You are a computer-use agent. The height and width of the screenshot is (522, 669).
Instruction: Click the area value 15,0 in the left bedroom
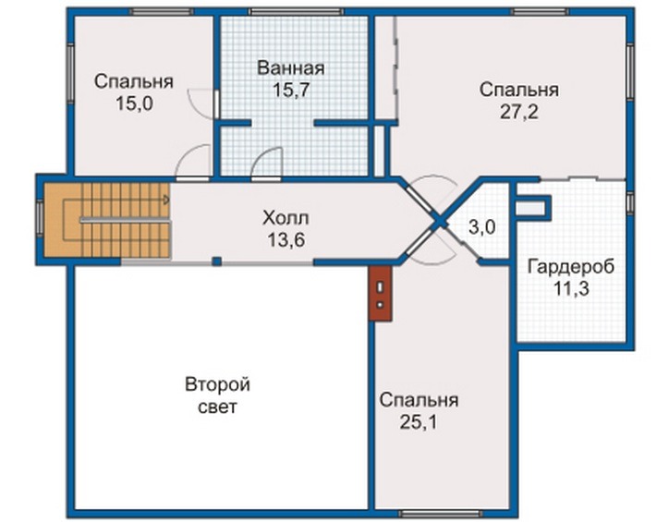pos(134,103)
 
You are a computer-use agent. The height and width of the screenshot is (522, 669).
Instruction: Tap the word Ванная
pos(291,68)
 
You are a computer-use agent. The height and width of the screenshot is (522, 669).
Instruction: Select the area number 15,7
pos(291,91)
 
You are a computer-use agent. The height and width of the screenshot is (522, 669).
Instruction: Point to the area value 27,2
pos(518,112)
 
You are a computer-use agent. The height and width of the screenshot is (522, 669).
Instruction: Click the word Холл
pos(286,218)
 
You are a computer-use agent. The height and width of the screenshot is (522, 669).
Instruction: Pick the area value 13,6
pos(286,240)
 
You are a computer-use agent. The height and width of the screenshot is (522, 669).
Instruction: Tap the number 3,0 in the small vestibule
pos(481,227)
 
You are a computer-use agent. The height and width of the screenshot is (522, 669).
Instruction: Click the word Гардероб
pos(571,267)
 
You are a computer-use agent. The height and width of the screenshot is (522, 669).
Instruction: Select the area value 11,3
pos(571,289)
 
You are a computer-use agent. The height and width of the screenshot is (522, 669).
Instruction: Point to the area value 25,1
pos(419,422)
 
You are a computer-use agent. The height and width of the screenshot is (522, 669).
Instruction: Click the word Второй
pos(217,385)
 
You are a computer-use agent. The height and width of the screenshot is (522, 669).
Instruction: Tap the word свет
pos(217,407)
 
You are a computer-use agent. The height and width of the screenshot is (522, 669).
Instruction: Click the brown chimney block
pos(381,294)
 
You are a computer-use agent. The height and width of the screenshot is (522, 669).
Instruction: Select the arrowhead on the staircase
pos(166,200)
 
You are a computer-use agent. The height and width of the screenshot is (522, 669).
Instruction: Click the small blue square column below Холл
pos(217,261)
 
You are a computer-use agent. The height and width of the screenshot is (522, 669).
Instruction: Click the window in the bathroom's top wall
pos(297,12)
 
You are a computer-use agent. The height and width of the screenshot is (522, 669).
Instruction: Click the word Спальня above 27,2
pos(518,91)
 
